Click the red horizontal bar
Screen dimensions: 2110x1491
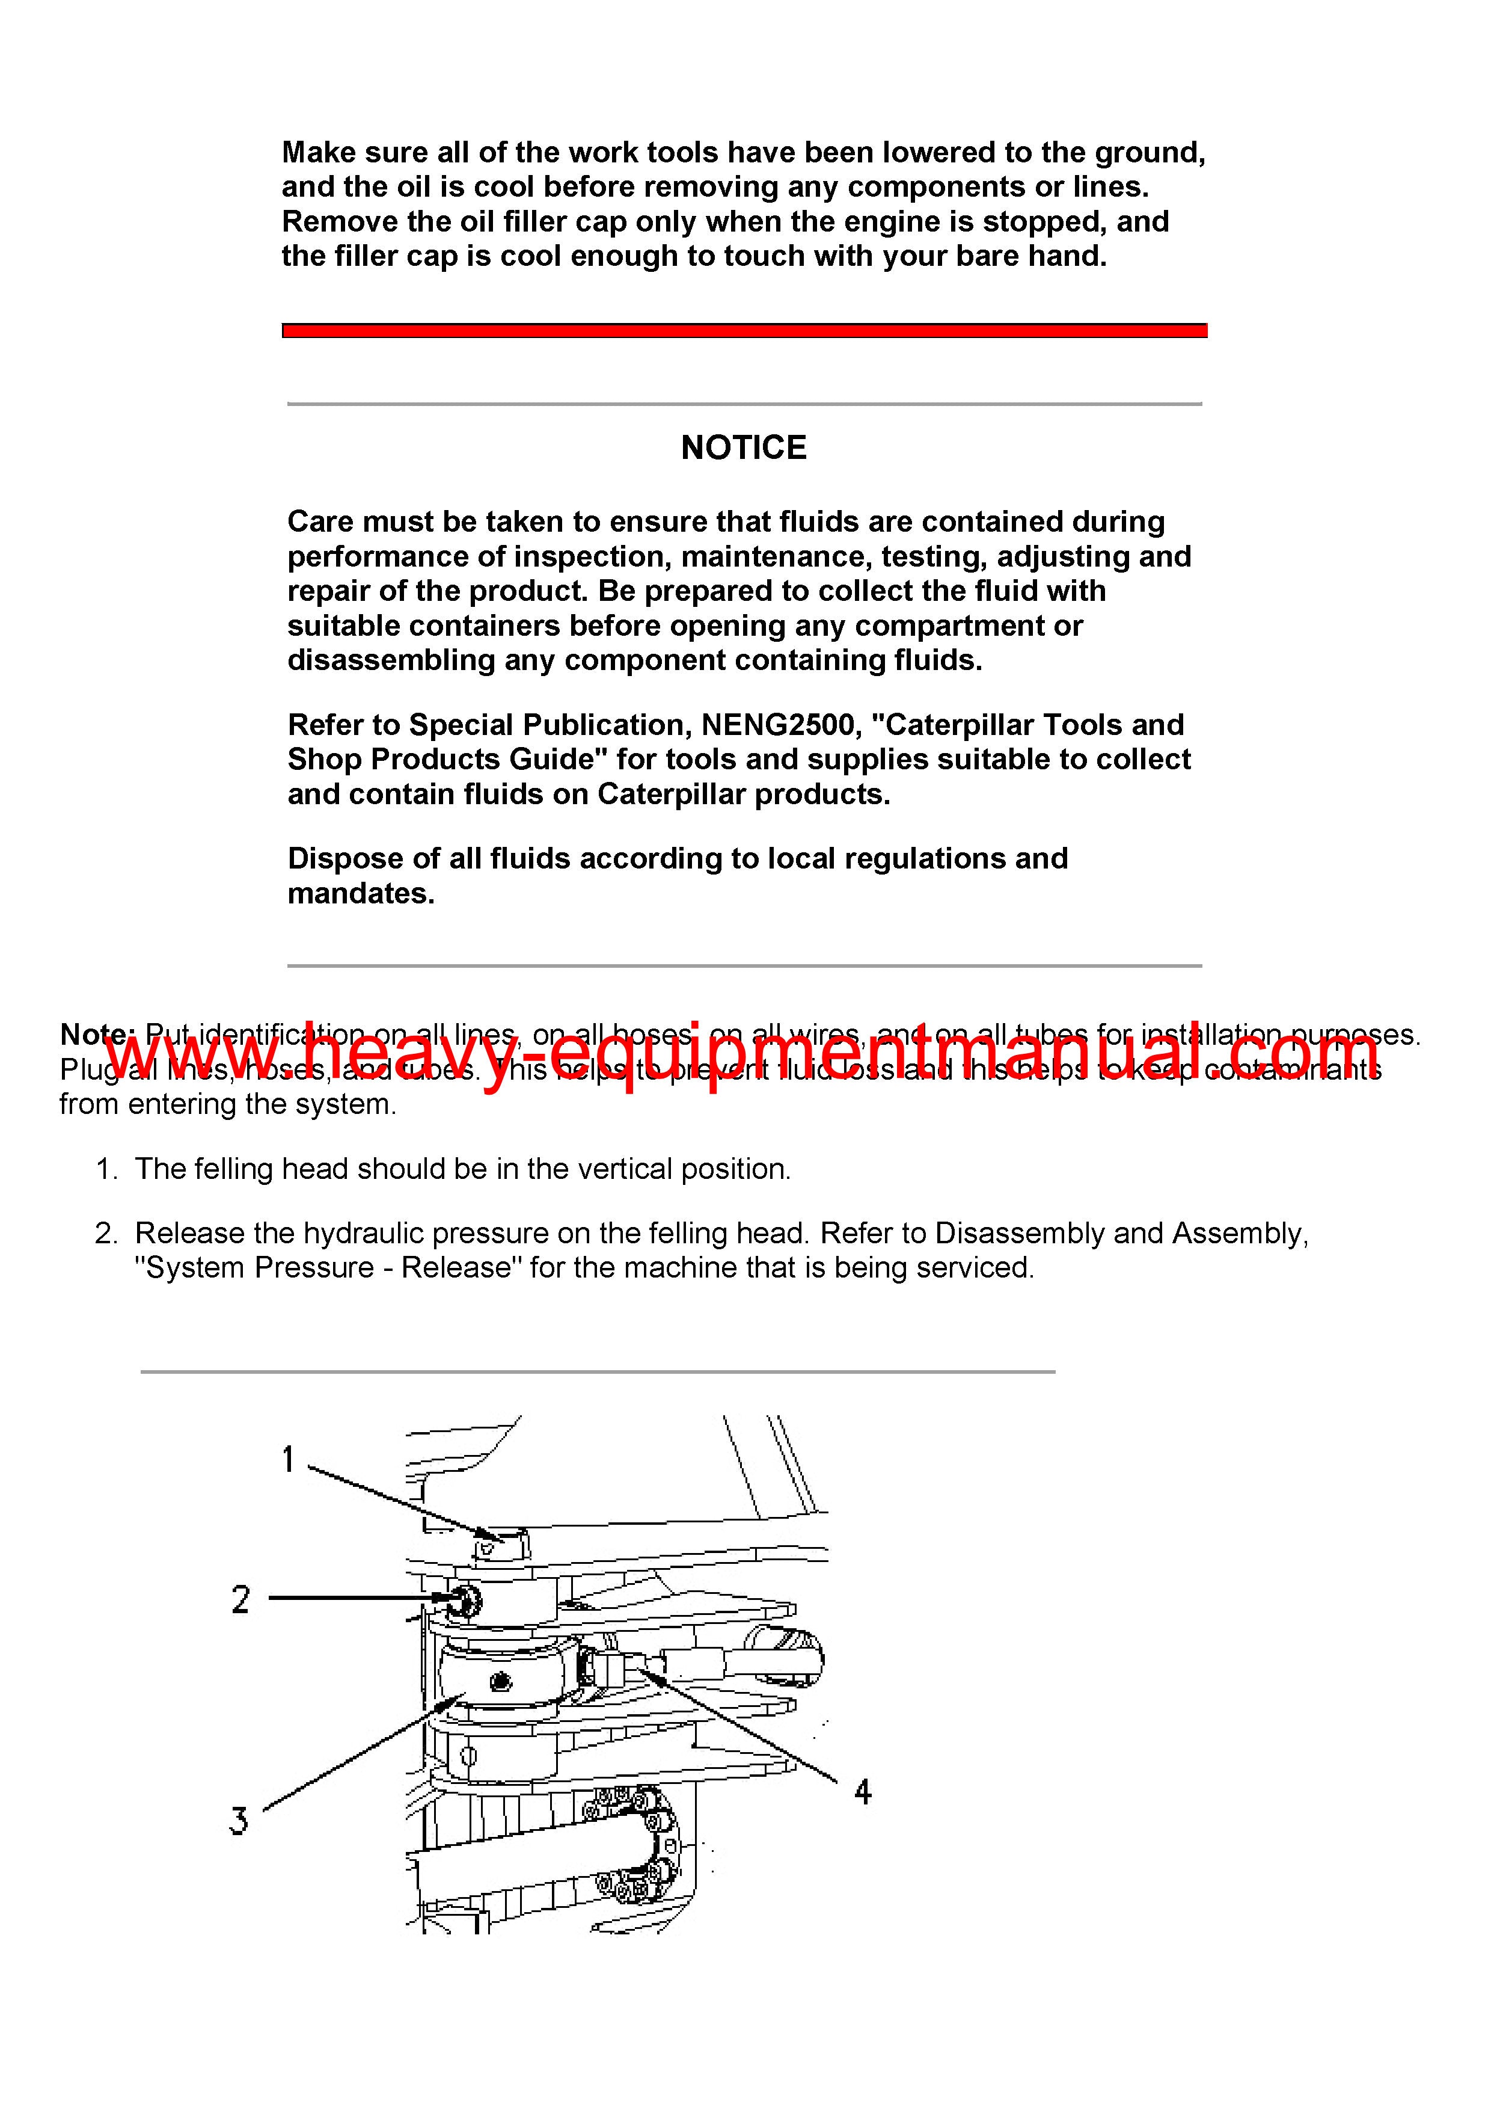pyautogui.click(x=744, y=331)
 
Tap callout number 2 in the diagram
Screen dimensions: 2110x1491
pyautogui.click(x=240, y=1600)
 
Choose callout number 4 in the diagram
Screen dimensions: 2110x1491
pyautogui.click(x=862, y=1791)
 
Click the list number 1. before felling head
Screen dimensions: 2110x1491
pyautogui.click(x=106, y=1170)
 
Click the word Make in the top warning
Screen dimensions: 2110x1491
pyautogui.click(x=319, y=153)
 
